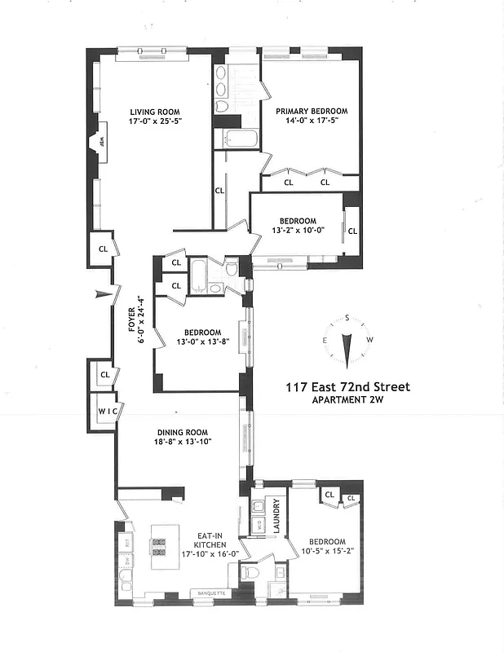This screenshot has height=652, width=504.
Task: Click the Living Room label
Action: [153, 112]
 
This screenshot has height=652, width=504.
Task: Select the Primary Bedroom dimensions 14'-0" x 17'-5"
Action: [311, 121]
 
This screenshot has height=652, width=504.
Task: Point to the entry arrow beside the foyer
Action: [102, 294]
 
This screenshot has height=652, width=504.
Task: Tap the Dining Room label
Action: [183, 433]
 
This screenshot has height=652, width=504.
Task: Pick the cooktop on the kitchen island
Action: [158, 546]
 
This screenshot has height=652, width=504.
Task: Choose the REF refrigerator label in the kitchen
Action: [127, 540]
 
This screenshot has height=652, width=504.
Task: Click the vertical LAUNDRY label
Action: [276, 514]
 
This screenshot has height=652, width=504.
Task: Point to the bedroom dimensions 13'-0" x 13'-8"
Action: [201, 341]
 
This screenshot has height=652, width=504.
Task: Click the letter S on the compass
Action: [347, 318]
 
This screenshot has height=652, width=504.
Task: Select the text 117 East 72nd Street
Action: [347, 387]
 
